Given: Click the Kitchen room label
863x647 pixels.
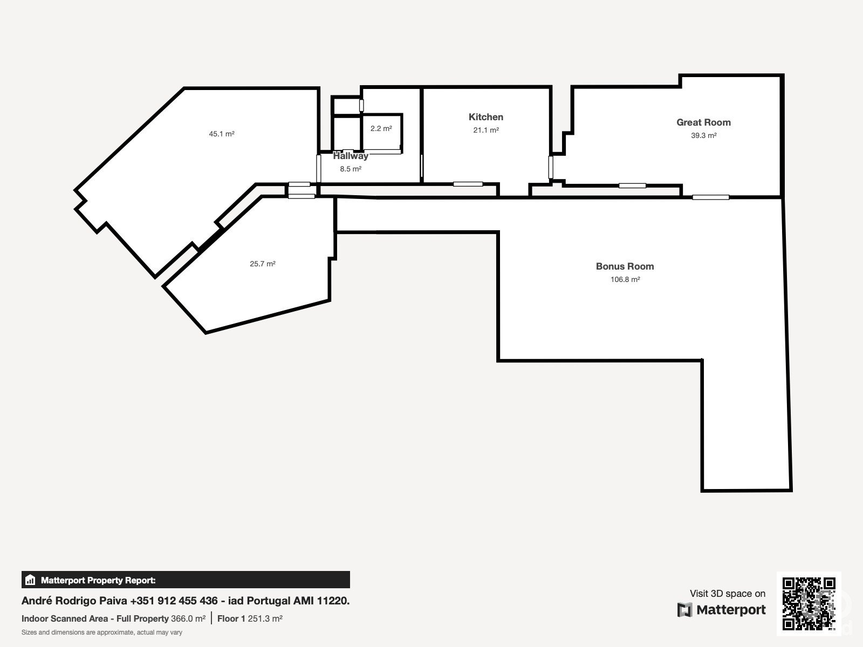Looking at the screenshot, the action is pyautogui.click(x=485, y=117).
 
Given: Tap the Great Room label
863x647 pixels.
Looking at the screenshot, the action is pyautogui.click(x=703, y=122).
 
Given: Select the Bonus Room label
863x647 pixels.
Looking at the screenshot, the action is pyautogui.click(x=625, y=266).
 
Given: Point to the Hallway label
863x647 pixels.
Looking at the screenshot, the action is pyautogui.click(x=351, y=156).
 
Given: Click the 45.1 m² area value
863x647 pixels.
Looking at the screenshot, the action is pyautogui.click(x=222, y=134).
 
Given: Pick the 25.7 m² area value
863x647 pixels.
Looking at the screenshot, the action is pyautogui.click(x=263, y=264).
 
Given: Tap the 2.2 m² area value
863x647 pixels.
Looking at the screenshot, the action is pyautogui.click(x=381, y=128).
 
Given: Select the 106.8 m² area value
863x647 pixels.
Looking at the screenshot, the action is pyautogui.click(x=625, y=280).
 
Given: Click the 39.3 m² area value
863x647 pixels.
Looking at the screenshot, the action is pyautogui.click(x=704, y=135).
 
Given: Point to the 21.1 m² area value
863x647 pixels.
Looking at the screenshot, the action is pyautogui.click(x=486, y=130).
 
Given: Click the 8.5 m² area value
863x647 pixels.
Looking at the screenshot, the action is pyautogui.click(x=351, y=169).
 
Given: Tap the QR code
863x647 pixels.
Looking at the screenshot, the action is pyautogui.click(x=809, y=603).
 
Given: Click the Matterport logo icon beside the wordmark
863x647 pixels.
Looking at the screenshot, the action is pyautogui.click(x=684, y=610).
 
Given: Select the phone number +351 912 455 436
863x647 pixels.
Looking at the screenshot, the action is pyautogui.click(x=174, y=601).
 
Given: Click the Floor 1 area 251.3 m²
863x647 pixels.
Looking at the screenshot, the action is pyautogui.click(x=250, y=619).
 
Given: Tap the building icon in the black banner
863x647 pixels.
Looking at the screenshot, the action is pyautogui.click(x=30, y=580).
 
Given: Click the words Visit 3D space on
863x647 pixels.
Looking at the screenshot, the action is pyautogui.click(x=728, y=594).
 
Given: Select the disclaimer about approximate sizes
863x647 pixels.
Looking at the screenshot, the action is pyautogui.click(x=102, y=632).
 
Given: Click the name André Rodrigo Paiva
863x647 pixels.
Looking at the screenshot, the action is pyautogui.click(x=74, y=601).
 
